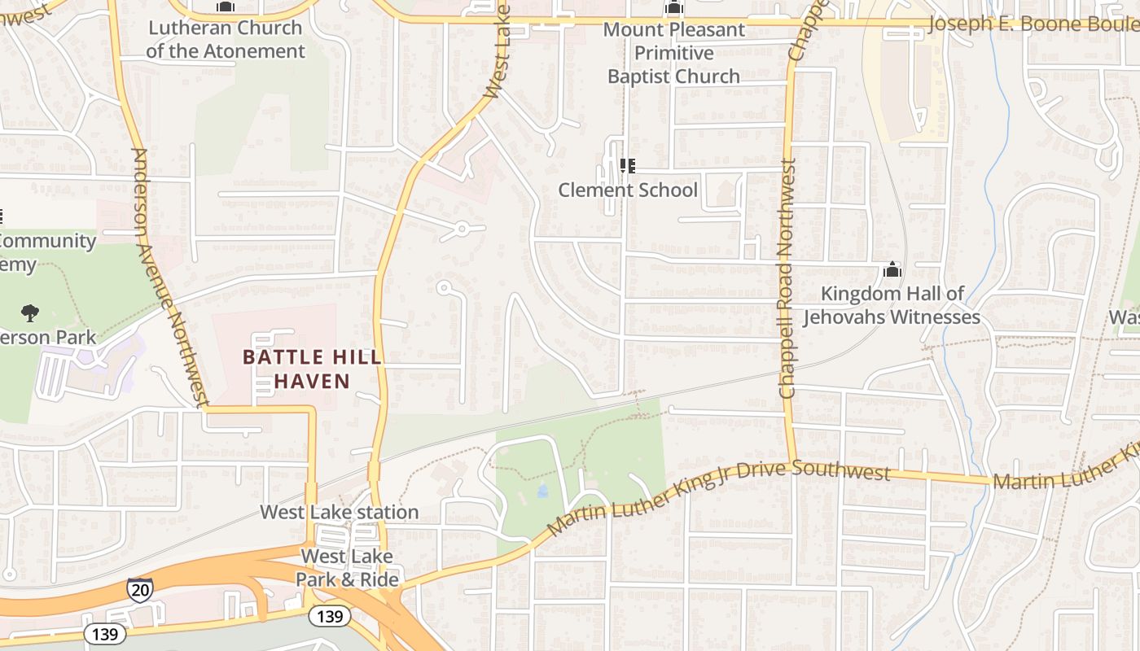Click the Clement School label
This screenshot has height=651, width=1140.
click(628, 190)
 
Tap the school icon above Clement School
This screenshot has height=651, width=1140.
click(627, 166)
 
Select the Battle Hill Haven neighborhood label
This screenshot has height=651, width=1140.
click(312, 369)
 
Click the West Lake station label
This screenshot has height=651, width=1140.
click(340, 512)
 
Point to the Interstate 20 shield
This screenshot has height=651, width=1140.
click(139, 590)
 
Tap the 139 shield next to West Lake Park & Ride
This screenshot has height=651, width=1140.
click(329, 616)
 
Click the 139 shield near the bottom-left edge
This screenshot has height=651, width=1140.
click(105, 634)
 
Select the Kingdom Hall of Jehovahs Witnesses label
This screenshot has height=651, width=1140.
click(892, 305)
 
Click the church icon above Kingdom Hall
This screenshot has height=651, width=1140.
click(892, 269)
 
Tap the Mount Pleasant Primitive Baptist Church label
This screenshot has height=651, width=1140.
click(673, 53)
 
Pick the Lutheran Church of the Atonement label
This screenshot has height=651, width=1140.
click(226, 39)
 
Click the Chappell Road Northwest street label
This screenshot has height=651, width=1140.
click(787, 277)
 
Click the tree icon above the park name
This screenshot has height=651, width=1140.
click(30, 312)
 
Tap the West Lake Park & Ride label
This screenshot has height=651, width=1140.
click(347, 568)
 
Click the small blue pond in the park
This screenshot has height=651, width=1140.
click(542, 491)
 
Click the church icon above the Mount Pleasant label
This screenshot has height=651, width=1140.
click(673, 8)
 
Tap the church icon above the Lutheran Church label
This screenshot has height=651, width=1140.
click(226, 7)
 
